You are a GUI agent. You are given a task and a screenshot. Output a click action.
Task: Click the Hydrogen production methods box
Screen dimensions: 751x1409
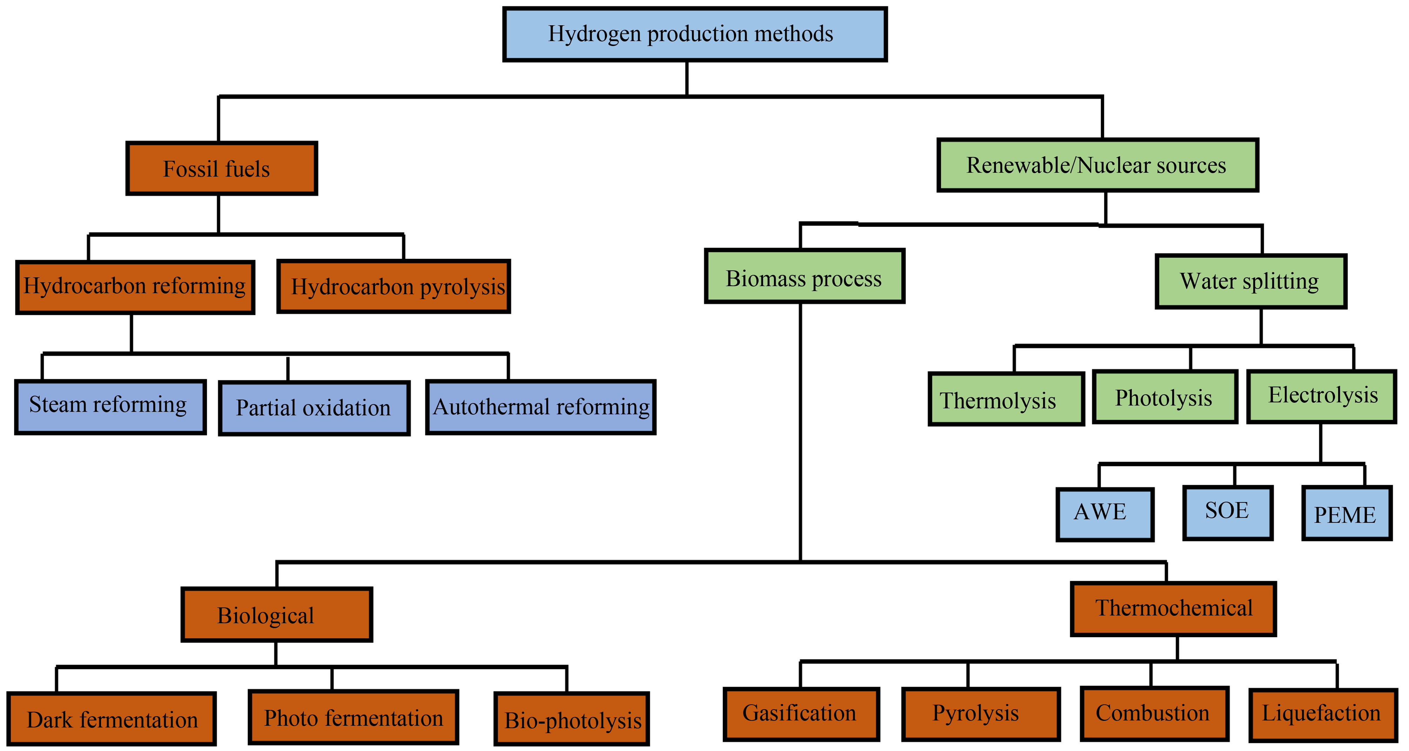tap(695, 34)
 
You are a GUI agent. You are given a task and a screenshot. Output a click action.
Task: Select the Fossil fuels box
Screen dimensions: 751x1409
tap(221, 168)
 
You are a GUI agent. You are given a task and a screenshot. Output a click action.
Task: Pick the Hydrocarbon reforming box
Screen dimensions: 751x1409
tap(135, 287)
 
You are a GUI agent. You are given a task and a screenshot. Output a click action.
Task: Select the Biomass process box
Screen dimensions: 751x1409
tap(804, 276)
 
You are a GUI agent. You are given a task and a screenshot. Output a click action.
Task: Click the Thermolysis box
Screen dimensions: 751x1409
tap(1006, 400)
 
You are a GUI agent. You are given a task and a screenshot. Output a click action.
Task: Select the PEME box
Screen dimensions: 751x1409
tap(1346, 513)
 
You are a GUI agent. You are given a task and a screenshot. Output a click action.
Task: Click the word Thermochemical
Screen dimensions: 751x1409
tap(1174, 608)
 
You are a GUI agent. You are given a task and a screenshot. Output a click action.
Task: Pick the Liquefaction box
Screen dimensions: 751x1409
tap(1323, 715)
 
